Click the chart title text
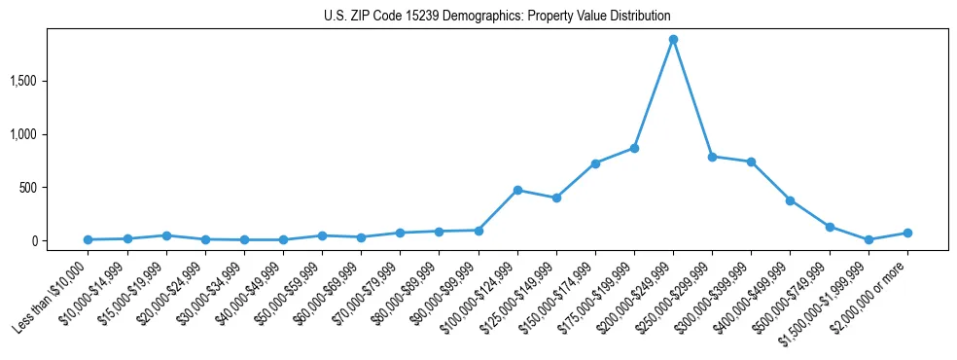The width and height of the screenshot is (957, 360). click(x=497, y=17)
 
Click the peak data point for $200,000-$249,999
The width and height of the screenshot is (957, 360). click(x=673, y=40)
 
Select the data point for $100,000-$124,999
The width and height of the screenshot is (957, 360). click(x=517, y=190)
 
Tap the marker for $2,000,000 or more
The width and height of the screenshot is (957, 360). click(x=907, y=233)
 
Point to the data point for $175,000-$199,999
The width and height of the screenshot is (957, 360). click(x=634, y=148)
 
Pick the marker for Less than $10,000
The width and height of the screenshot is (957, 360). click(x=89, y=239)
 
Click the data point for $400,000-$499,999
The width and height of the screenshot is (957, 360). click(x=790, y=200)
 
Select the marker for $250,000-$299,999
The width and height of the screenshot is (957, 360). click(x=712, y=157)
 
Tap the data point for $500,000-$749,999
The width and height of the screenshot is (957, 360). click(x=830, y=227)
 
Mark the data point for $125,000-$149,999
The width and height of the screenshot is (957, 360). click(x=556, y=198)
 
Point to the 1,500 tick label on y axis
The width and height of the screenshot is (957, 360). click(x=49, y=81)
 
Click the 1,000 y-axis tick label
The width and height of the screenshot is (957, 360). click(x=49, y=134)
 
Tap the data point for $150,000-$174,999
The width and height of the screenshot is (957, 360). click(x=595, y=163)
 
